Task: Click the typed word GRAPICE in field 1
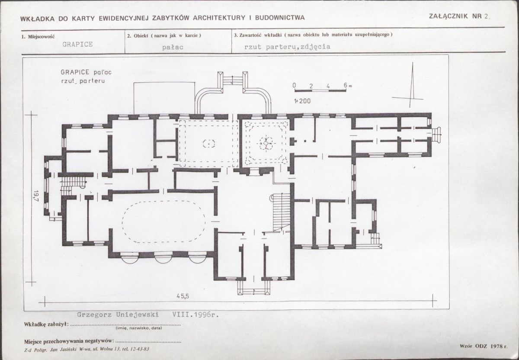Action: (77, 44)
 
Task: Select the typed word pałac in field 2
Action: (173, 47)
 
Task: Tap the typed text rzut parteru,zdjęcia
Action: (287, 47)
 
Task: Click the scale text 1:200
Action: (302, 101)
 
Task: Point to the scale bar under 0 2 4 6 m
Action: (320, 90)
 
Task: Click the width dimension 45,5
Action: (183, 296)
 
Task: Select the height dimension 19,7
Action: (36, 196)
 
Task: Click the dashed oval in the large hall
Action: (163, 222)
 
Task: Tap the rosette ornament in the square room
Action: (266, 144)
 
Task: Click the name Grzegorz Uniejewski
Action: (118, 315)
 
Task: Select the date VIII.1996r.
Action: (195, 315)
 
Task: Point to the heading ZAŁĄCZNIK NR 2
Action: (459, 16)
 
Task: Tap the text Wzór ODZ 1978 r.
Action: (484, 346)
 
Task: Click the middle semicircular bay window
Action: (163, 259)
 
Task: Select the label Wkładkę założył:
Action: (46, 324)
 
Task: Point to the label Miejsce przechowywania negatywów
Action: (69, 341)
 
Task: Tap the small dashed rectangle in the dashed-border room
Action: (209, 144)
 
